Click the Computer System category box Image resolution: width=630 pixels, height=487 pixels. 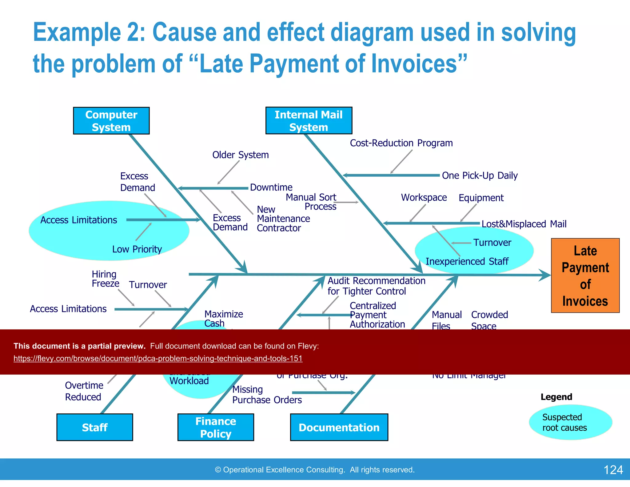[x=111, y=121]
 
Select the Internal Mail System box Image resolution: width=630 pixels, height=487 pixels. [x=309, y=121]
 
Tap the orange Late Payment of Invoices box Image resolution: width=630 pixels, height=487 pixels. [x=585, y=276]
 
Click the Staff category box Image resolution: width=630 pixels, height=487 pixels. [x=94, y=427]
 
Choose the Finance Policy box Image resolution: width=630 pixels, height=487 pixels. [x=216, y=427]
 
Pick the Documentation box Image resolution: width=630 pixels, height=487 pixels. [x=339, y=427]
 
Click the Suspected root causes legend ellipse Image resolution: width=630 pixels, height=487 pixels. [x=570, y=422]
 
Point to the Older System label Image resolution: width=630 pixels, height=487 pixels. [x=240, y=155]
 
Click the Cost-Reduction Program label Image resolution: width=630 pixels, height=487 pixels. [x=401, y=143]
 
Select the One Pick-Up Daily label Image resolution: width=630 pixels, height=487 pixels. [x=480, y=175]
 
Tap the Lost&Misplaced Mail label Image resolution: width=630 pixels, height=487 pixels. [x=524, y=224]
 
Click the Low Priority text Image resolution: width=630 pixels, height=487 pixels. [x=137, y=249]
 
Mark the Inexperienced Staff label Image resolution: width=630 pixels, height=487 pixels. [x=467, y=261]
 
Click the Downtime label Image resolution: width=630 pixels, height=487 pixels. [x=271, y=187]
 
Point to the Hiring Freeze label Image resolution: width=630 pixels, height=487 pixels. [x=105, y=279]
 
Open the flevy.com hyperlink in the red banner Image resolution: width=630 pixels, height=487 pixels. [x=158, y=358]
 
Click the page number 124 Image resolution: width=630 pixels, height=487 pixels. [x=613, y=470]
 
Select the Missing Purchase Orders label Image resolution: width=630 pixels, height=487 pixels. [x=267, y=395]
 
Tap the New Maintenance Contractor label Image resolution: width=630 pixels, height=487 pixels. [x=283, y=219]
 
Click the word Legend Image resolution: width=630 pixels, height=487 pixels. [x=556, y=397]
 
